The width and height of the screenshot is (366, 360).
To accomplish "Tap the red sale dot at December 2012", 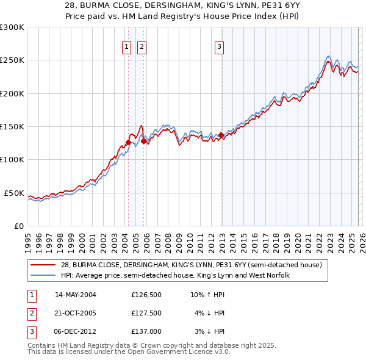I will tap(221, 135).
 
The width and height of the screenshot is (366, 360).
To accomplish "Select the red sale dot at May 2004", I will tap(128, 142).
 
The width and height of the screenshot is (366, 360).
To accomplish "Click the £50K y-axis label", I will tap(14, 193).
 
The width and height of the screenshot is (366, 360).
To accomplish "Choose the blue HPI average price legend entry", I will tap(174, 275).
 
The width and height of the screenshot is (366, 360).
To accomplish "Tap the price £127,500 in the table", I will tap(146, 313).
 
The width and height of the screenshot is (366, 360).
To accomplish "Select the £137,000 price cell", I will tap(146, 331).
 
